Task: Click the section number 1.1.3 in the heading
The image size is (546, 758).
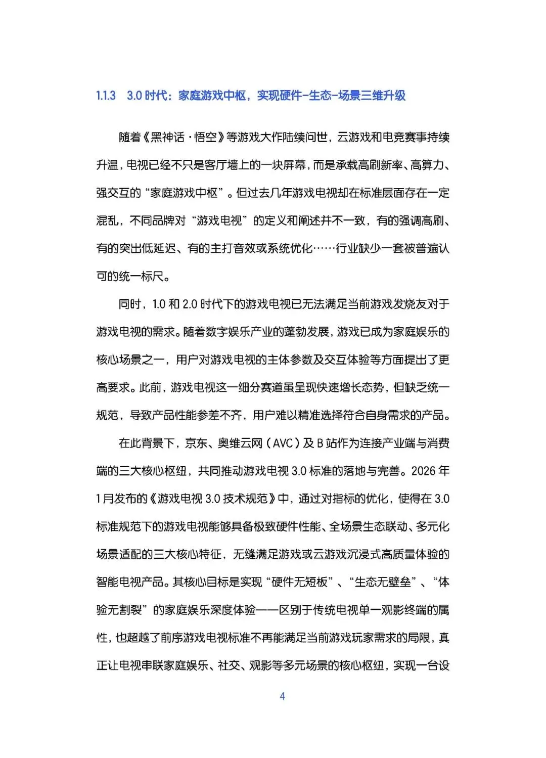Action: [x=106, y=96]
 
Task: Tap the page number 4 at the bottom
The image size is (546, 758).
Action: [x=282, y=696]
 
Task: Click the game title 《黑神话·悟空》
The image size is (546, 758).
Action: [x=184, y=137]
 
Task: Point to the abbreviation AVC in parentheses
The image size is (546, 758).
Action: [x=283, y=443]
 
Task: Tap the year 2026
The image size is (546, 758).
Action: [x=423, y=471]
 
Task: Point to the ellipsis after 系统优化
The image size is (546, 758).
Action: [x=324, y=248]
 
